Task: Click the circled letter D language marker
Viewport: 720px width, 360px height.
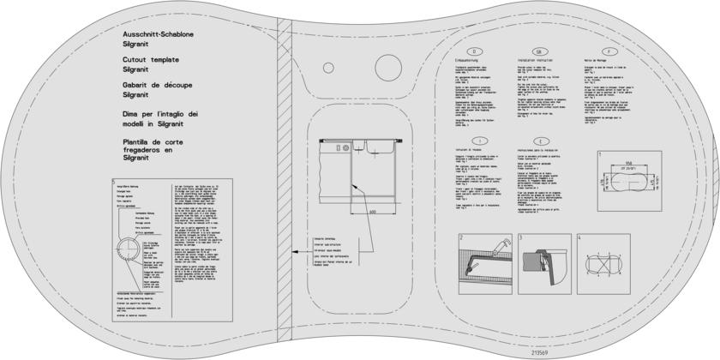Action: pyautogui.click(x=483, y=51)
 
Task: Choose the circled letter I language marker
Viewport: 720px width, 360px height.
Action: pyautogui.click(x=483, y=141)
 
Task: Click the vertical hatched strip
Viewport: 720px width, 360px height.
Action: pyautogui.click(x=285, y=180)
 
